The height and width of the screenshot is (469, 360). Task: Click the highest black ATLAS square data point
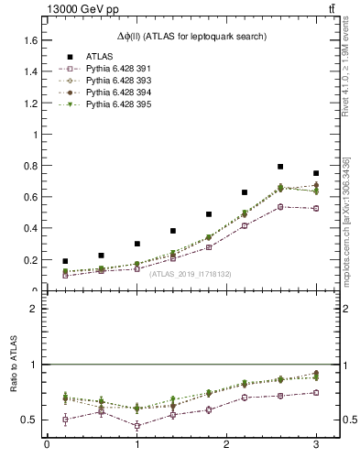(x=279, y=167)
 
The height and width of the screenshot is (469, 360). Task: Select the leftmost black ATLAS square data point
(x=65, y=261)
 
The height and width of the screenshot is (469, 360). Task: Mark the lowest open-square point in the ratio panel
(x=136, y=426)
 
